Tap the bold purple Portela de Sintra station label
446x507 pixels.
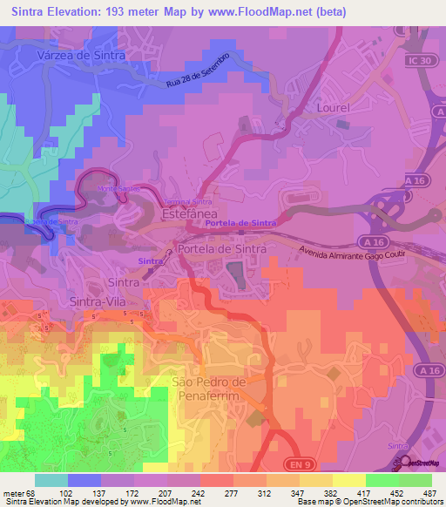pyautogui.click(x=240, y=225)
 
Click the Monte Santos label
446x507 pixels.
pyautogui.click(x=118, y=190)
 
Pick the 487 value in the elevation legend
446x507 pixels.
pyautogui.click(x=430, y=493)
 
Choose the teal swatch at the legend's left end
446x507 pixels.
pyautogui.click(x=51, y=480)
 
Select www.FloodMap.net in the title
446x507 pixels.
pyautogui.click(x=255, y=12)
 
